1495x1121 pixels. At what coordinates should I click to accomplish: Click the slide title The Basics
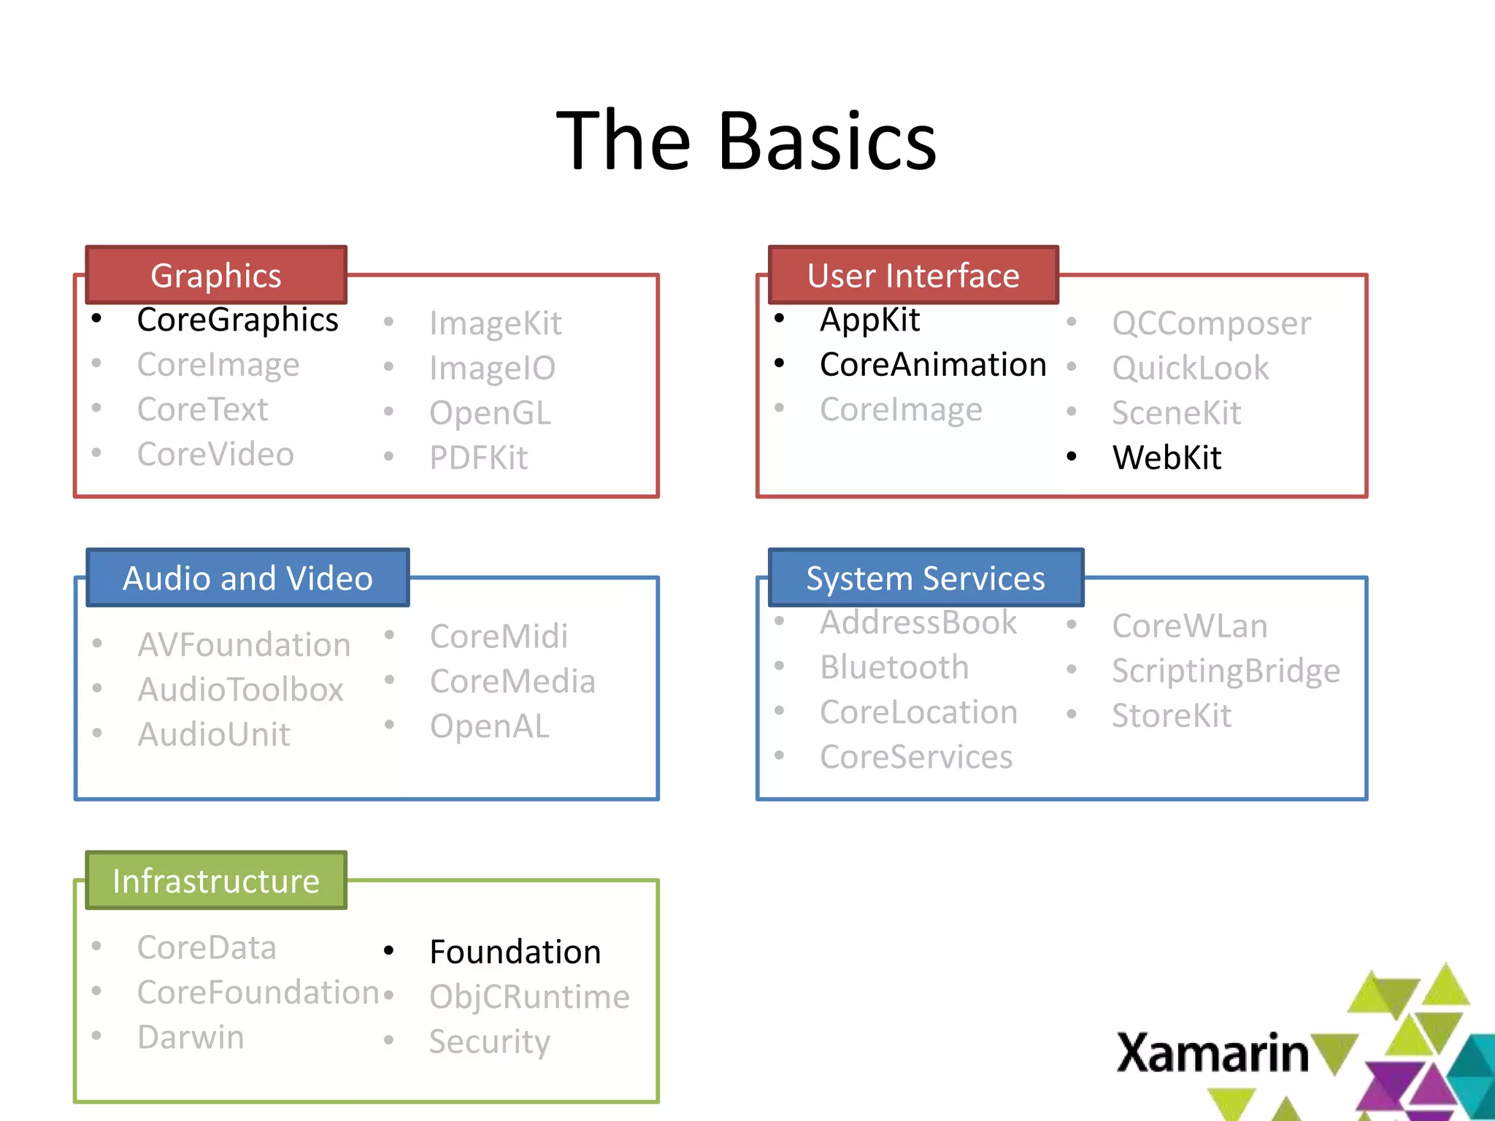746,140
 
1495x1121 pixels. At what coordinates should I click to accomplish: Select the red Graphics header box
216,275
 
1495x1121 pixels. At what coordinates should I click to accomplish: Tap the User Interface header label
912,275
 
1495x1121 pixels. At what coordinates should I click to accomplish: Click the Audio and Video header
247,578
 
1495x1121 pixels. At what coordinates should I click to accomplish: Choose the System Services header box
925,578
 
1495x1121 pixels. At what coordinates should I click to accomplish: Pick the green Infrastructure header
216,881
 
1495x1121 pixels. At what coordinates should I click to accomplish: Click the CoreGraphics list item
237,320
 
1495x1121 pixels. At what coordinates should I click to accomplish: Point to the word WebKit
1167,458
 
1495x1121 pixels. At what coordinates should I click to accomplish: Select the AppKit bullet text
869,320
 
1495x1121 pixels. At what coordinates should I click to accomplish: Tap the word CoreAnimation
932,365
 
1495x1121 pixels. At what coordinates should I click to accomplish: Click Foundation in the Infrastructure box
515,952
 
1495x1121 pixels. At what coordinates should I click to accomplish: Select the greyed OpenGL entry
490,413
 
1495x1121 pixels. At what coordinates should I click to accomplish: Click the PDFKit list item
478,458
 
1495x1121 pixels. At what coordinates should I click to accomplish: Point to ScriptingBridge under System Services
1226,671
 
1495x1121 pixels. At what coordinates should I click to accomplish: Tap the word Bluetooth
894,667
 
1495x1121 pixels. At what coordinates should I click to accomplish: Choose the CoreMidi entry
499,636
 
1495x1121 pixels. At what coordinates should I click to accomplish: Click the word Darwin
191,1037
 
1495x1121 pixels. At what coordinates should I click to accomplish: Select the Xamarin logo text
1212,1053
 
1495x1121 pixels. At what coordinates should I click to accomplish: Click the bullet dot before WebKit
1071,458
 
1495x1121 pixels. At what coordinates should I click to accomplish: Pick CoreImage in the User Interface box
901,410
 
